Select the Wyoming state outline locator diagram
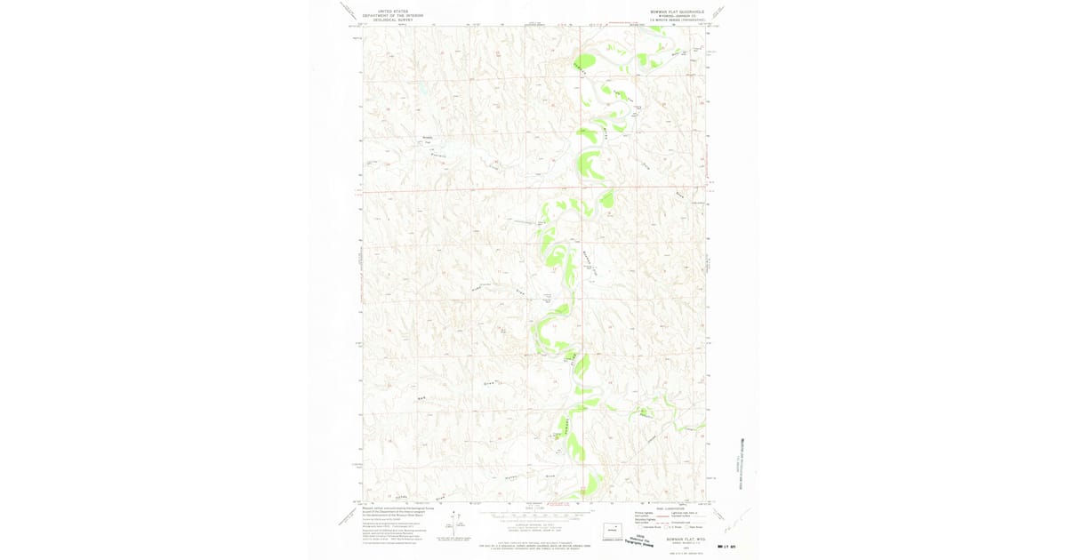click(x=611, y=526)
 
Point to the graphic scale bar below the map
click(x=533, y=516)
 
